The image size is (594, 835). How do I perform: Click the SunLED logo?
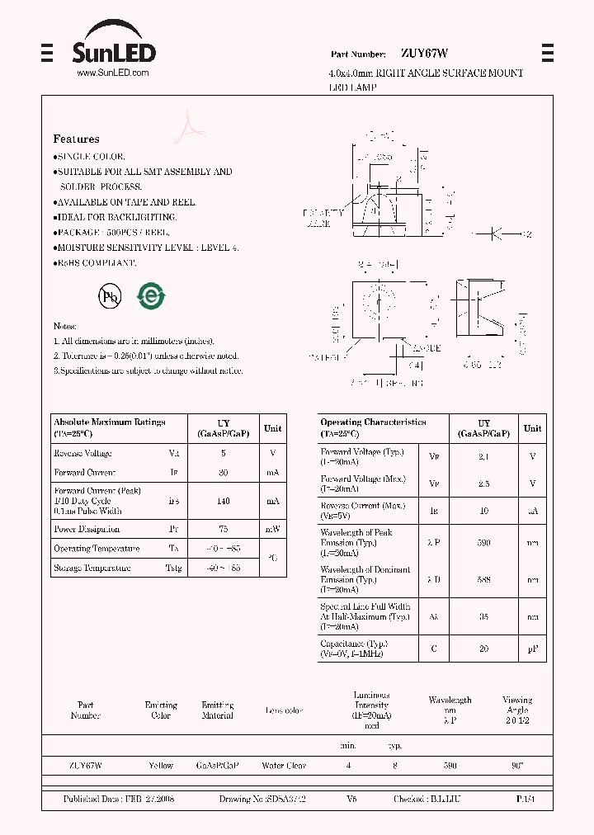[113, 47]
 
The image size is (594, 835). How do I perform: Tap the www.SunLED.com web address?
[112, 73]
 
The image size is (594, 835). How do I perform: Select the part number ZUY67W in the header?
[424, 54]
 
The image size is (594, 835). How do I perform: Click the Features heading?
[76, 139]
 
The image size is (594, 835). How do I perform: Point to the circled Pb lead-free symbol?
[109, 297]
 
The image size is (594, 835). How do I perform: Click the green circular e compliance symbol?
[151, 295]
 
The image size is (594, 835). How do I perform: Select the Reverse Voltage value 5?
[224, 453]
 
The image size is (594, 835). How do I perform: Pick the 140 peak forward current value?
[224, 501]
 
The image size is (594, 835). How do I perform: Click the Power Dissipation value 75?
[224, 529]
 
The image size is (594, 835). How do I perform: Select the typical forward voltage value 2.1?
[484, 456]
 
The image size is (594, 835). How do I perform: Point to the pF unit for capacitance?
[533, 649]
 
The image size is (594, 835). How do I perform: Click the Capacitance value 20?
[484, 649]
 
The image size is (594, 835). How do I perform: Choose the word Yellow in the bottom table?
[161, 766]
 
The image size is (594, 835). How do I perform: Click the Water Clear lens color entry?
[284, 766]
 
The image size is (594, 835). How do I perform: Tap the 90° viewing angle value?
[517, 766]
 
